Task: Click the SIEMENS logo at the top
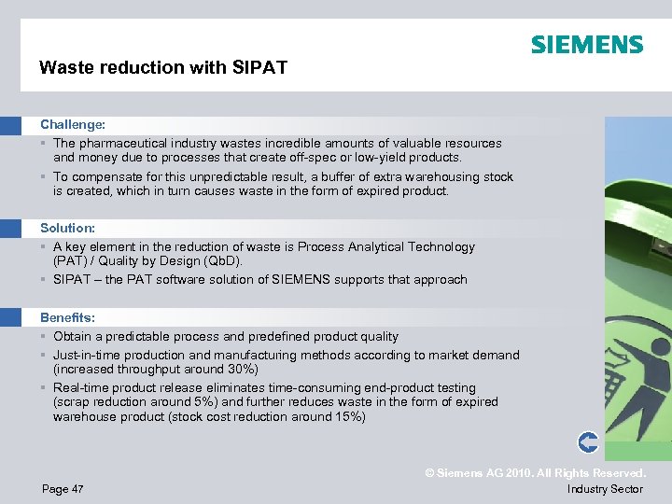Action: [587, 45]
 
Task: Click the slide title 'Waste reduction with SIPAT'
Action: [163, 67]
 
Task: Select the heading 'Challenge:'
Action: [72, 124]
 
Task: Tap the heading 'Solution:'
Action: [68, 228]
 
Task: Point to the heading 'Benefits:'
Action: [68, 317]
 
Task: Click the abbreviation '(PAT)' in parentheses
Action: [70, 261]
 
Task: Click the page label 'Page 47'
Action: [63, 489]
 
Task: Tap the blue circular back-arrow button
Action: [588, 441]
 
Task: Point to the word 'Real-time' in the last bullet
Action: [81, 387]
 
